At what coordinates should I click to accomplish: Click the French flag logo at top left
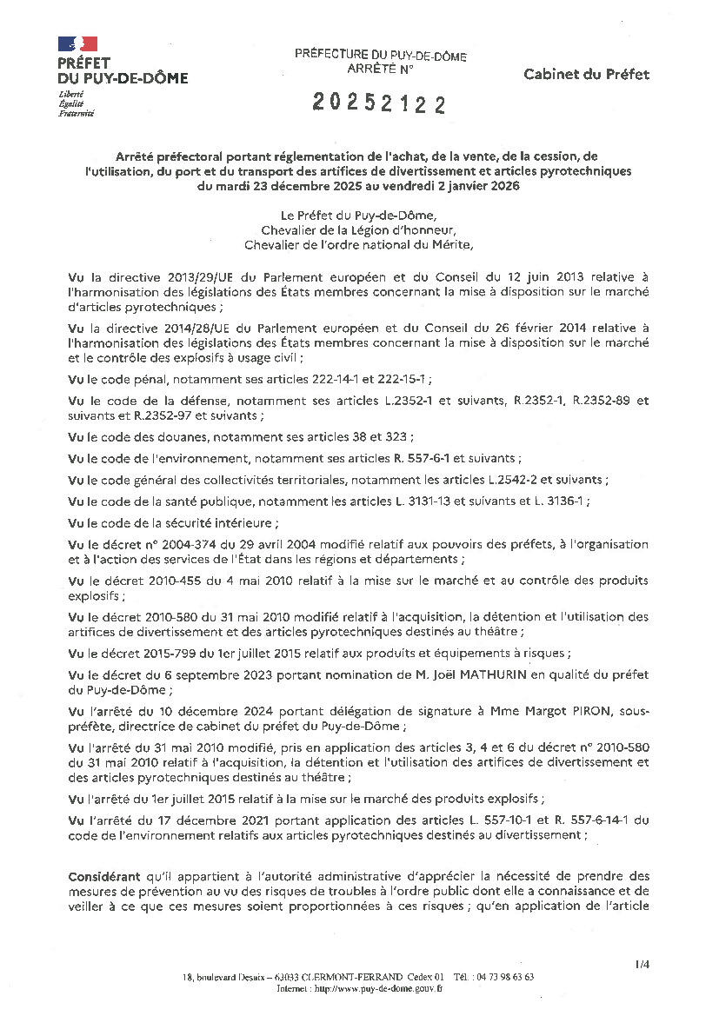(x=78, y=43)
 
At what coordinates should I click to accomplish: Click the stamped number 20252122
(x=379, y=104)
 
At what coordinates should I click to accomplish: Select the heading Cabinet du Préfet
(x=586, y=75)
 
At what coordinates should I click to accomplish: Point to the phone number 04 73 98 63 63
(x=504, y=977)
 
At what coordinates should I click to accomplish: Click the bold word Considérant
(x=102, y=876)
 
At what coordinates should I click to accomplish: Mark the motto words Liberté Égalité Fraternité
(x=76, y=103)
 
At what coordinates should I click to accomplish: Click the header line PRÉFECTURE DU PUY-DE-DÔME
(x=380, y=56)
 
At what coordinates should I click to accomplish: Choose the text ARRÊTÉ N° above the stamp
(x=380, y=67)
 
